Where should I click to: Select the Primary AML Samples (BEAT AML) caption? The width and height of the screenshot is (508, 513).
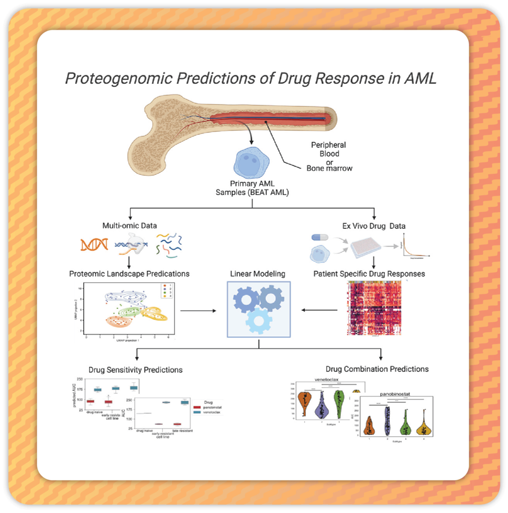pyautogui.click(x=252, y=188)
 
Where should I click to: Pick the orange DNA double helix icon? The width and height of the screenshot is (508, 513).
pyautogui.click(x=94, y=244)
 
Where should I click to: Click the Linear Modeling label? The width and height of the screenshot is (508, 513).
pyautogui.click(x=258, y=273)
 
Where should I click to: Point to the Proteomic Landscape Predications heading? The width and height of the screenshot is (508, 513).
pyautogui.click(x=129, y=273)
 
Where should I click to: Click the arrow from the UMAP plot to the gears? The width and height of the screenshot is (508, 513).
pyautogui.click(x=199, y=311)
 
